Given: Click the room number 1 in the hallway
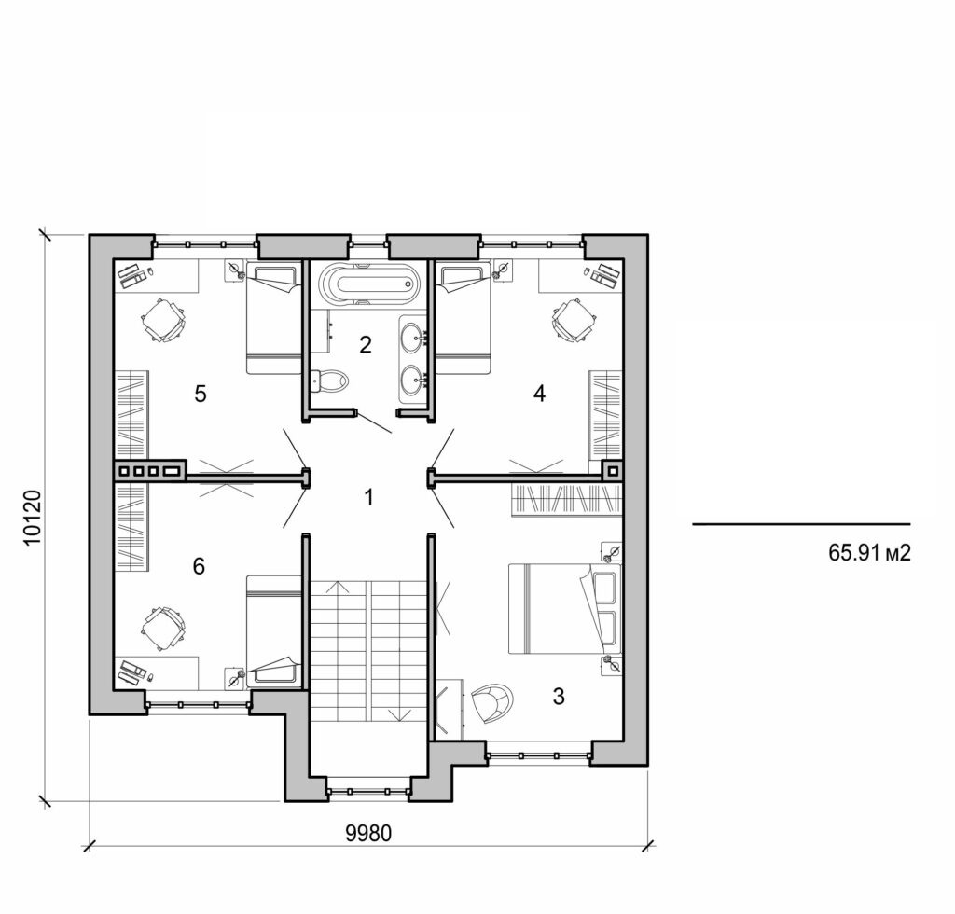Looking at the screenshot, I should click(x=368, y=497).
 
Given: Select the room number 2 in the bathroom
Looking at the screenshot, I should click(x=366, y=345).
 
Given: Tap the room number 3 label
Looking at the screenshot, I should click(x=558, y=696).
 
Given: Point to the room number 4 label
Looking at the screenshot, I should click(x=538, y=394).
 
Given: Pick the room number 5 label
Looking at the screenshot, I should click(x=200, y=394).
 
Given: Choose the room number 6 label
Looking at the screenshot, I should click(x=198, y=566).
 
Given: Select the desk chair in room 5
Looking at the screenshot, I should click(x=164, y=321).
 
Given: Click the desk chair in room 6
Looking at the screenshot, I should click(x=164, y=628).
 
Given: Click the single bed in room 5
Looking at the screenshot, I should click(x=273, y=319).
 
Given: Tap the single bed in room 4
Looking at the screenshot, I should click(x=464, y=319).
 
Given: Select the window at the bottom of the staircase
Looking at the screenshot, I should click(x=368, y=792).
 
